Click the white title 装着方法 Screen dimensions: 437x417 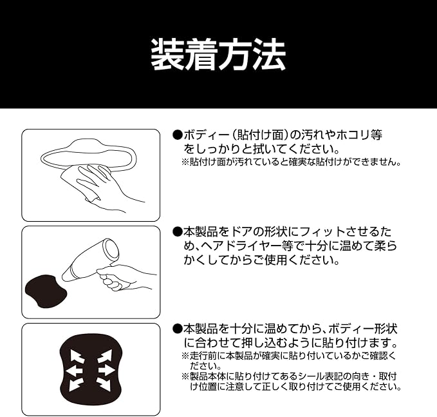point(218,54)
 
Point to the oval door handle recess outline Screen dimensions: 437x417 point(89,157)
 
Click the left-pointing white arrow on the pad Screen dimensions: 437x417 point(74,371)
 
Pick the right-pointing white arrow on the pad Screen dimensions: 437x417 point(107,371)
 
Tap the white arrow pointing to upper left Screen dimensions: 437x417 point(77,356)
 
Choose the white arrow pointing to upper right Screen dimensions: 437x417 point(104,356)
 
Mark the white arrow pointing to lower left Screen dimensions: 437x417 point(76,385)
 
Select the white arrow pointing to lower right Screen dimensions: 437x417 point(104,384)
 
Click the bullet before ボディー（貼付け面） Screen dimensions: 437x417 point(177,135)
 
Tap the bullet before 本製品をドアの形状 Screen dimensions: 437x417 point(177,231)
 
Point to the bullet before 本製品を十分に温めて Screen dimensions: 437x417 point(177,329)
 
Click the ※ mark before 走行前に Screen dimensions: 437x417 point(185,356)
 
